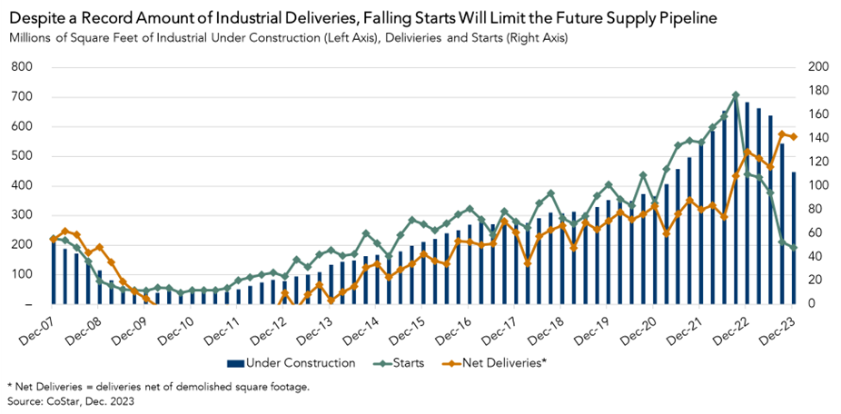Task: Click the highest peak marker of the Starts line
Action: pyautogui.click(x=736, y=95)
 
